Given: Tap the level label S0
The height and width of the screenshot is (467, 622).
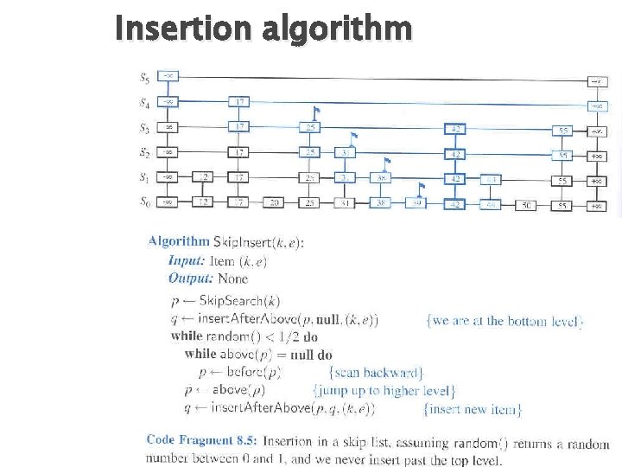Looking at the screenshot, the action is click(x=146, y=203).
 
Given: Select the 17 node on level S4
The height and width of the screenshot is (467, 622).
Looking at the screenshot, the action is click(x=239, y=102).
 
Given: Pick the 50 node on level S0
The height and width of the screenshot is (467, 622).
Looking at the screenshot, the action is click(x=526, y=205).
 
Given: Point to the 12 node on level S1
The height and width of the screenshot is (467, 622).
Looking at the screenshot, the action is click(x=203, y=178).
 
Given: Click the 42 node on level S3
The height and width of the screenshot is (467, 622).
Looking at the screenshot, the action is click(x=455, y=128).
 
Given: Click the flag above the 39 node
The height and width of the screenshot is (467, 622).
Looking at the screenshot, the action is click(x=421, y=187).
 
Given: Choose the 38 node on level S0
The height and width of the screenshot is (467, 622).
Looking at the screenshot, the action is click(x=380, y=204).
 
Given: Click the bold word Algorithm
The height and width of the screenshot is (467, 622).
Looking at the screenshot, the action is click(x=179, y=242).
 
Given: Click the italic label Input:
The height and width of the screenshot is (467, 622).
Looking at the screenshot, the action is click(x=186, y=260).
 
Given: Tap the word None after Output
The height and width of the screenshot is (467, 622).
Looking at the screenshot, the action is click(x=232, y=278).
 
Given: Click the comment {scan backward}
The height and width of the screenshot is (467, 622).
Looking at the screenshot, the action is click(x=378, y=373).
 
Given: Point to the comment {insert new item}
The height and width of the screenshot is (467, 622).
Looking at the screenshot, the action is click(x=472, y=408).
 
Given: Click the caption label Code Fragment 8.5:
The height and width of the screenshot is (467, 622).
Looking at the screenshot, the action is click(x=201, y=440).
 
